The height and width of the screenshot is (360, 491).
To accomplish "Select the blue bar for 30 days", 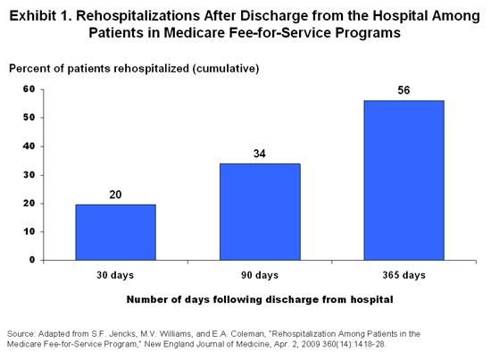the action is point(115,232).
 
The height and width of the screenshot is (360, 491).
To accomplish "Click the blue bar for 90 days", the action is point(260,212).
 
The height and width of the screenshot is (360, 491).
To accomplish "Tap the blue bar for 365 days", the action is point(404,180).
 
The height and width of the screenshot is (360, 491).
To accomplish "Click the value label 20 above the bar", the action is point(115,195).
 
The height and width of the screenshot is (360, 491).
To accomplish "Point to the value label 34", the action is point(260,154).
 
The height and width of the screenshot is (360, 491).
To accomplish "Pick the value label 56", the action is point(404,90).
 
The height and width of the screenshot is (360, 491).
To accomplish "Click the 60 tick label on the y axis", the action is point(29,89).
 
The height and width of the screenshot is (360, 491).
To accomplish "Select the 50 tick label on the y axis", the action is point(29,118).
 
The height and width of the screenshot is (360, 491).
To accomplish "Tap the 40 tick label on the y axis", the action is point(29,147).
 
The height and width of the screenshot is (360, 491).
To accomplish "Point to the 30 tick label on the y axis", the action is point(29,175).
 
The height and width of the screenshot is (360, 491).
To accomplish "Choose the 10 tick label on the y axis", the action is point(29,231).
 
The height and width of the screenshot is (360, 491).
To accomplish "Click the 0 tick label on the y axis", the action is point(32,260).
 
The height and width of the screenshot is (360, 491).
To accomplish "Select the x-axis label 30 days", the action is point(115,275).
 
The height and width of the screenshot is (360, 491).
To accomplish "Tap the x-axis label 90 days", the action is point(260,275).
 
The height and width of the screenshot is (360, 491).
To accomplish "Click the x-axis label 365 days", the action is point(404,275).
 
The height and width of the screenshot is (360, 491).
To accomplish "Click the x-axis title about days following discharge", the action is point(260,299).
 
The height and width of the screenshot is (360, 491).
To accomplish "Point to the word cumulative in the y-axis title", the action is point(226,68).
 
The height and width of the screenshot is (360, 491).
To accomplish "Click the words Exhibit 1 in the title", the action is point(41,16).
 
